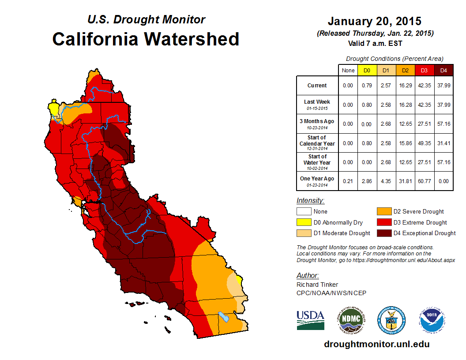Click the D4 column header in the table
point(443,71)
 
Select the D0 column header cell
point(367,71)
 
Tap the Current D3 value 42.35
point(425,86)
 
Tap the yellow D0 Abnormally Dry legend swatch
point(304,222)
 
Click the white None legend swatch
point(304,212)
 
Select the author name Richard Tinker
point(317,285)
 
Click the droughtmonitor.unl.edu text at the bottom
point(376,344)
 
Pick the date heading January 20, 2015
point(375,21)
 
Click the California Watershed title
point(146,39)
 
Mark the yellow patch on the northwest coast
point(53,109)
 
